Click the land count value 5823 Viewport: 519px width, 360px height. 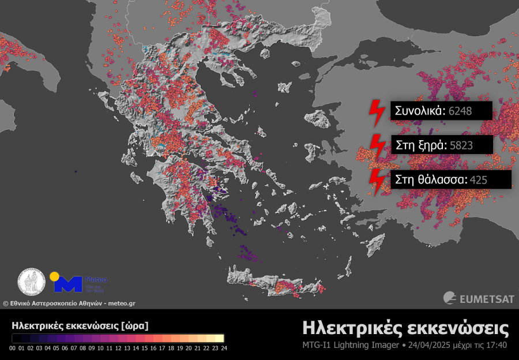tap(460, 145)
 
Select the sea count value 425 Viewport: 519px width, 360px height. tap(479, 180)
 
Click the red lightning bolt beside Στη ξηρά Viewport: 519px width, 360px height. tap(377, 147)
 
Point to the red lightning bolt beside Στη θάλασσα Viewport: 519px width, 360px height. tap(377, 181)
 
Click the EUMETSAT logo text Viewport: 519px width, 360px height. tap(483, 298)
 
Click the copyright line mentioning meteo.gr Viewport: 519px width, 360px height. tap(69, 303)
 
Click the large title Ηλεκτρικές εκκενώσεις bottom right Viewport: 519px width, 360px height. tap(405, 329)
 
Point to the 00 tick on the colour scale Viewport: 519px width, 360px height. tap(13, 348)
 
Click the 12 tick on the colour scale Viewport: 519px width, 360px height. tap(118, 348)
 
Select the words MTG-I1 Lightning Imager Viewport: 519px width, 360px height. tap(351, 346)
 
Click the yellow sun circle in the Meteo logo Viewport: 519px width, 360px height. tap(54, 276)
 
